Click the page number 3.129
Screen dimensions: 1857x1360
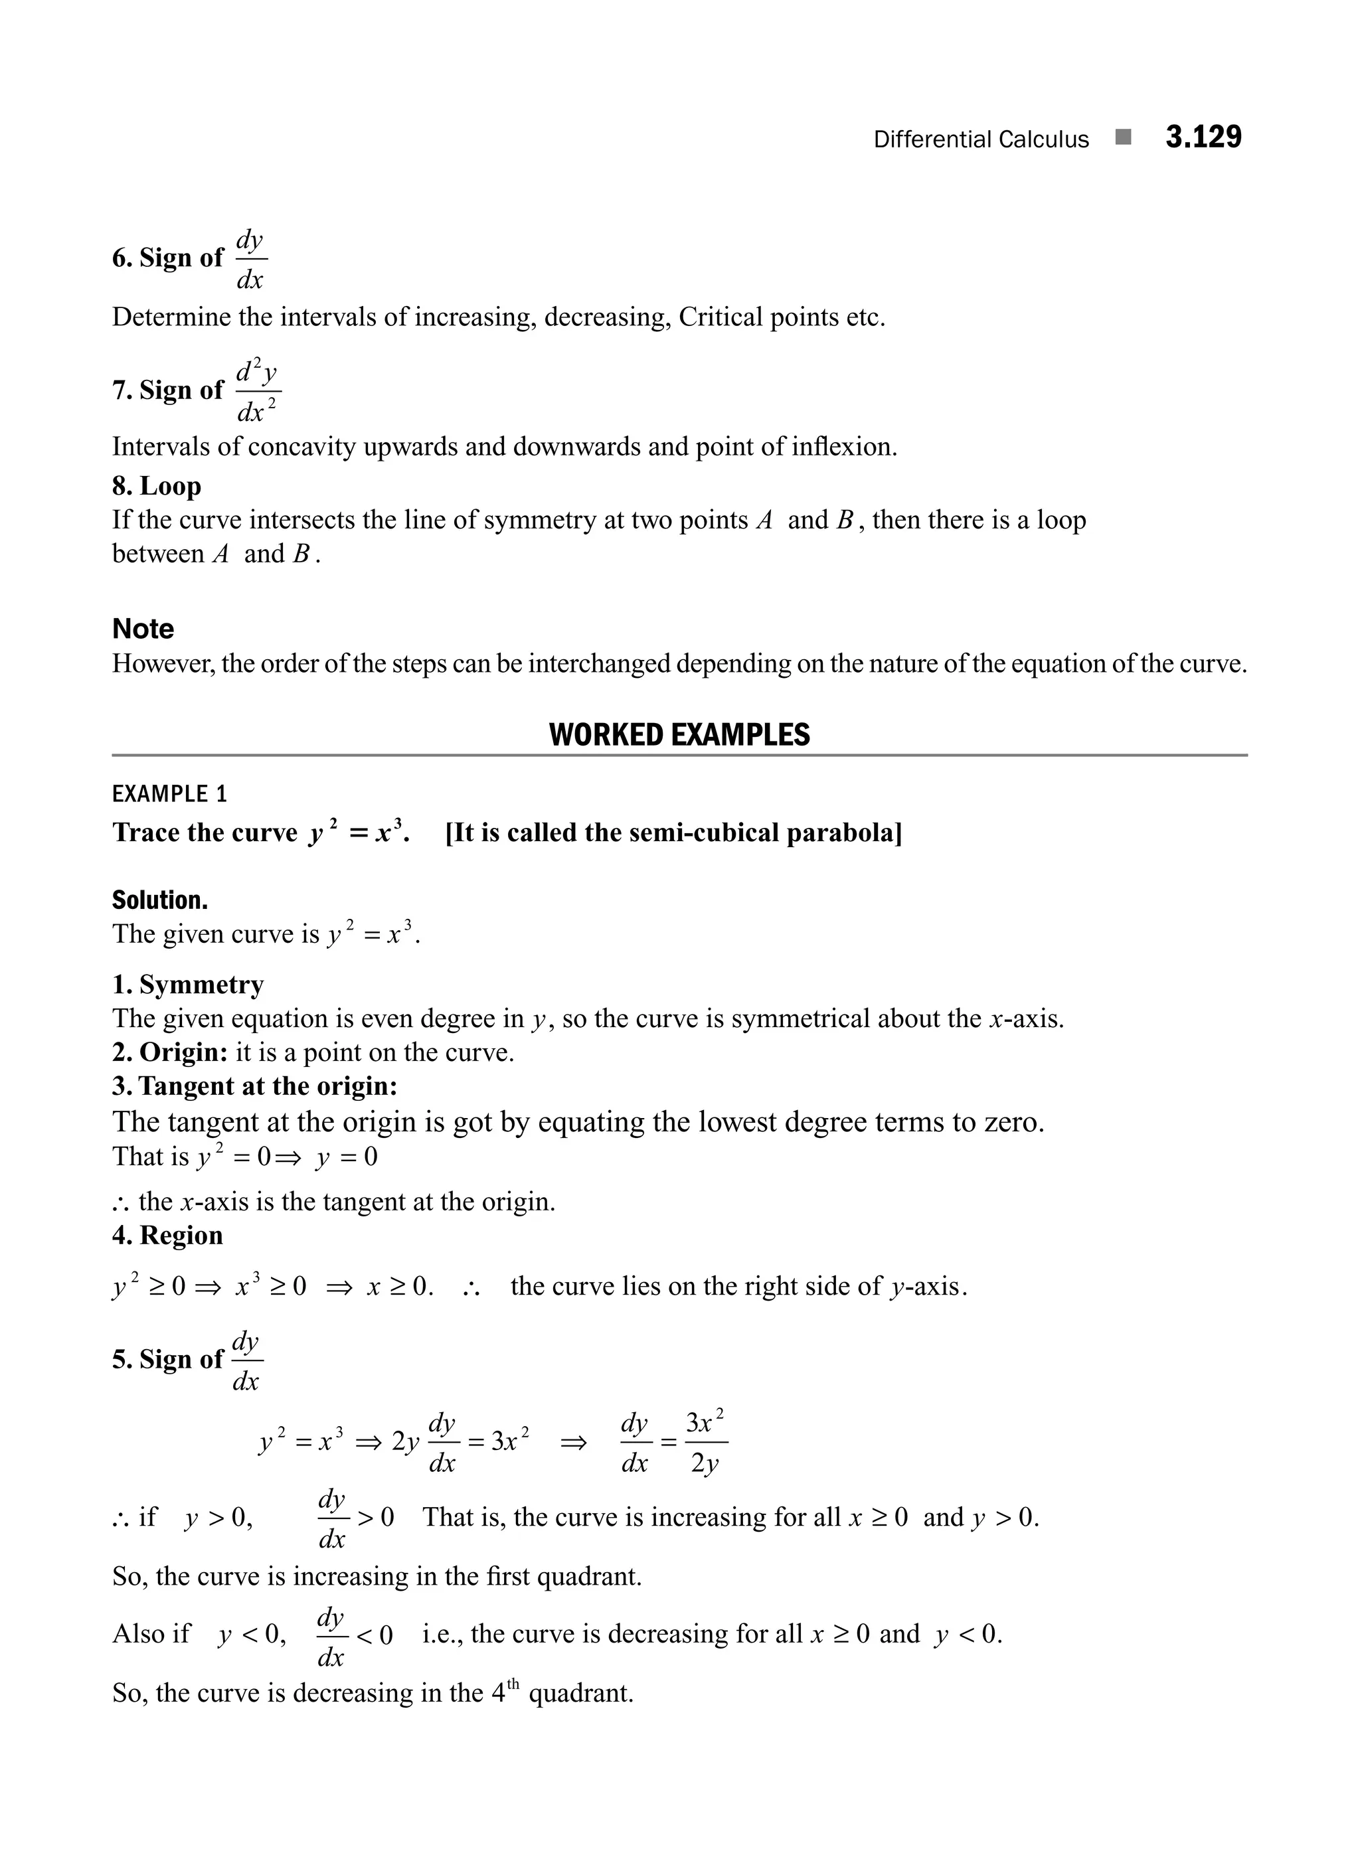1203,137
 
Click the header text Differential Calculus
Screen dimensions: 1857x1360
980,140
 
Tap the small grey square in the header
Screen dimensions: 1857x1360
1123,137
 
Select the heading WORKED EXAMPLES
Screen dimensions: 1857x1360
679,734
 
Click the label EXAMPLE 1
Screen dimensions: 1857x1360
169,794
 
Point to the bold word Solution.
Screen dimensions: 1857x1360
160,900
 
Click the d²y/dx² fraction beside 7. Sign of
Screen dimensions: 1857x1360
258,390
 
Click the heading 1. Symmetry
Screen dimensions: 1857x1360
188,985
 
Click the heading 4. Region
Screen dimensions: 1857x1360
167,1235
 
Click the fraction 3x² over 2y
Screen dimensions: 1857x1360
705,1442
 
